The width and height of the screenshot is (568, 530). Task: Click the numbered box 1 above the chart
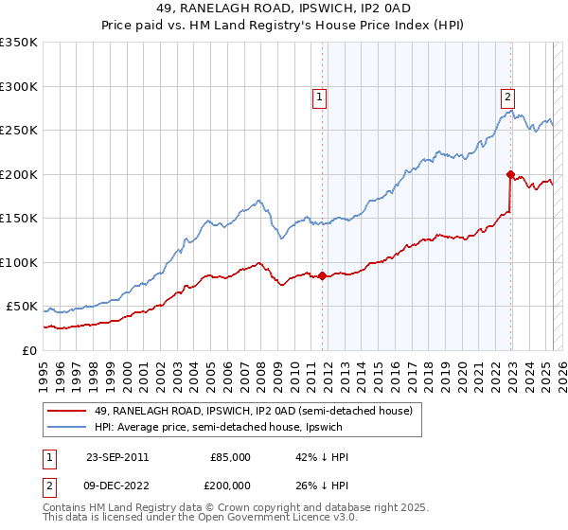click(320, 96)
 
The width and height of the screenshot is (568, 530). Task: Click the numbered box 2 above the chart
click(508, 96)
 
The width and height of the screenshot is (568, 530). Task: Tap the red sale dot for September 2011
click(323, 276)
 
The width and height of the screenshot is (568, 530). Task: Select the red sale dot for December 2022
click(510, 174)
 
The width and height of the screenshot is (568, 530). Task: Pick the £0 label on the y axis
click(28, 351)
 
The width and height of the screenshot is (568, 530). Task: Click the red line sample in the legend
click(68, 411)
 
